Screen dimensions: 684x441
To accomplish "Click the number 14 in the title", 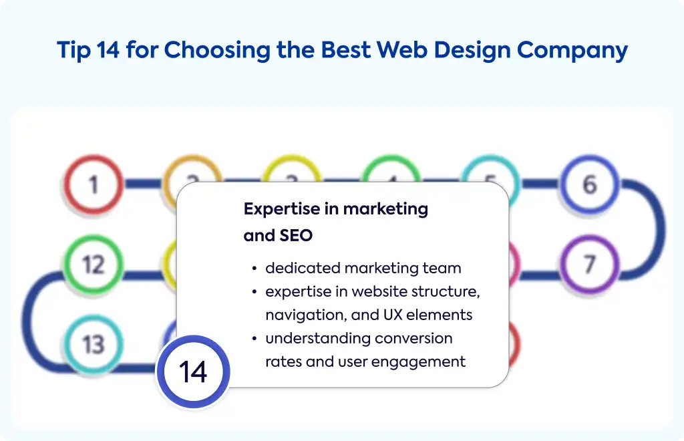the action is point(108,49).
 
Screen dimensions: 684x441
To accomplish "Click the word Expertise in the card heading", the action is point(282,209).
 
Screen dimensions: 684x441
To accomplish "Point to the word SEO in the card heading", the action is point(296,236).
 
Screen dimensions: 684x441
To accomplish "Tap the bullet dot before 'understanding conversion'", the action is point(254,339).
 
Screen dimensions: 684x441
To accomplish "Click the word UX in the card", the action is point(393,315).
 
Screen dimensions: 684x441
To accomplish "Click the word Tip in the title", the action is point(74,51).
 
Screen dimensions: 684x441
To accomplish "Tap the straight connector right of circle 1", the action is point(143,184).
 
